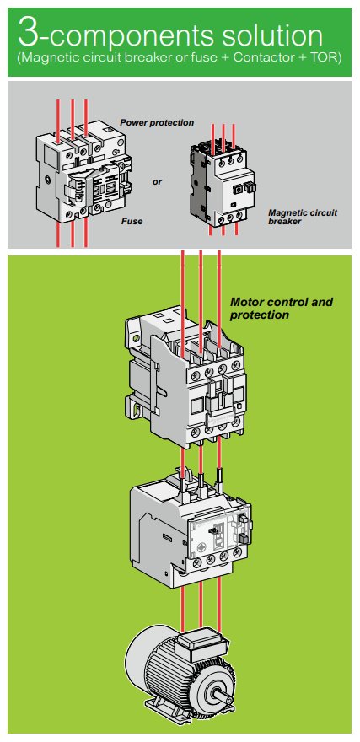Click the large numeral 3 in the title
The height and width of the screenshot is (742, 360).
click(x=29, y=33)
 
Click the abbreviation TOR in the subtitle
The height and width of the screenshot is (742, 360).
click(x=323, y=59)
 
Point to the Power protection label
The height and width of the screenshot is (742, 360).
click(x=157, y=122)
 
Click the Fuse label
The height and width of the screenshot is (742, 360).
click(x=132, y=221)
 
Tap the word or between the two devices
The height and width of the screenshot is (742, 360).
click(x=157, y=182)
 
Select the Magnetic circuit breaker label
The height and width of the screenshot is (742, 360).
click(x=303, y=217)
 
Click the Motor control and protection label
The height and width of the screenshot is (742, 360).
click(x=282, y=308)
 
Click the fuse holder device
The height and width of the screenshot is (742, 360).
click(x=83, y=171)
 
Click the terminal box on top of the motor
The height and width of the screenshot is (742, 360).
click(x=201, y=642)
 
